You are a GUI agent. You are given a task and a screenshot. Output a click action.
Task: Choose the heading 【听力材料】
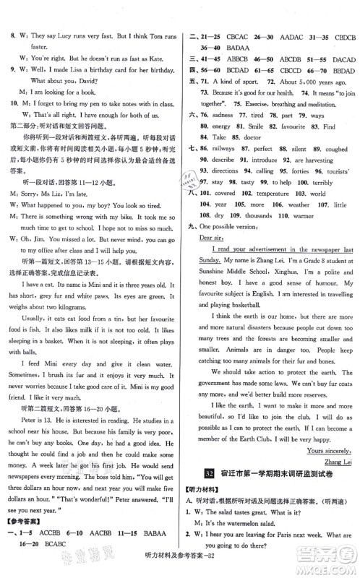pos(211,492)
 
